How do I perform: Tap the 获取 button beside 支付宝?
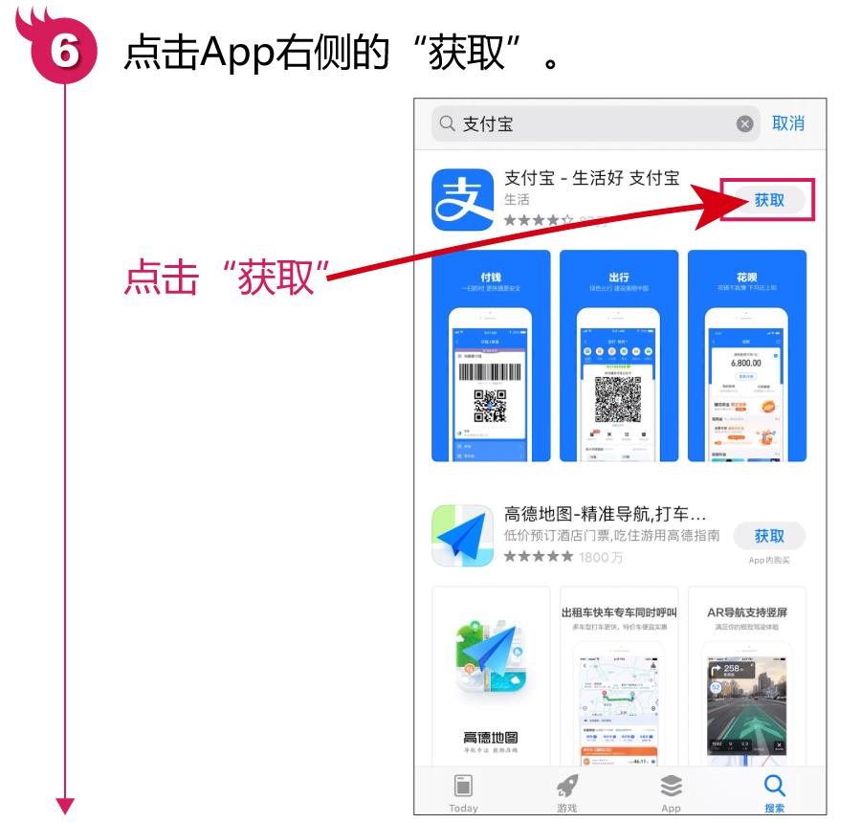768,201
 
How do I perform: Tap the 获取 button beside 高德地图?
768,536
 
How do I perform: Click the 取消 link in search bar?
788,123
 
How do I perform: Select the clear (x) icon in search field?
744,124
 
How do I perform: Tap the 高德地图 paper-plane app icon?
463,536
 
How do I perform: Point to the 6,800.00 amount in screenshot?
746,363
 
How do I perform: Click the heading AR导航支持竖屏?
746,612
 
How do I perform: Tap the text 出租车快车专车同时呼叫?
619,612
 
